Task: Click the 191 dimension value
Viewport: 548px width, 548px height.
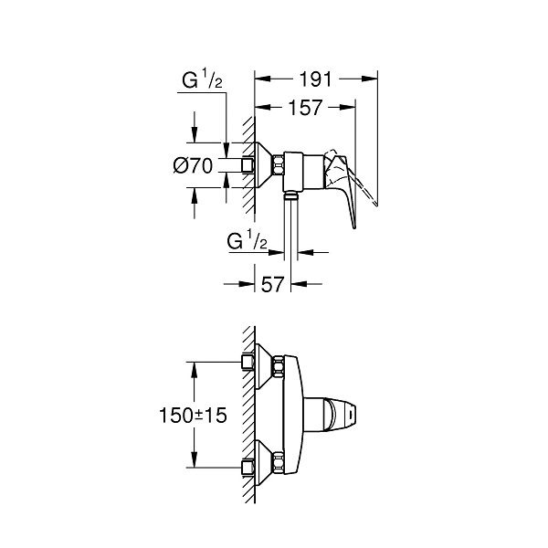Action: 315,79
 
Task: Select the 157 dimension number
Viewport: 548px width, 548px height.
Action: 305,108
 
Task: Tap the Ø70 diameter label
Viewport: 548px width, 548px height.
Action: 193,165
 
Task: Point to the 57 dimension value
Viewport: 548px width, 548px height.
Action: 272,284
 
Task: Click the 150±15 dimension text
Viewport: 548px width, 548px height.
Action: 193,416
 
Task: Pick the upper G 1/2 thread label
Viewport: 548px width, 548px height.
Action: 202,80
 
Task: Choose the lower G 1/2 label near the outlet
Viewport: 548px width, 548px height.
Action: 248,240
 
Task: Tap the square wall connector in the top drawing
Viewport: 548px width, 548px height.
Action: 248,164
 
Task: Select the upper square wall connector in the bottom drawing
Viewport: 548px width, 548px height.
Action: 248,362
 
